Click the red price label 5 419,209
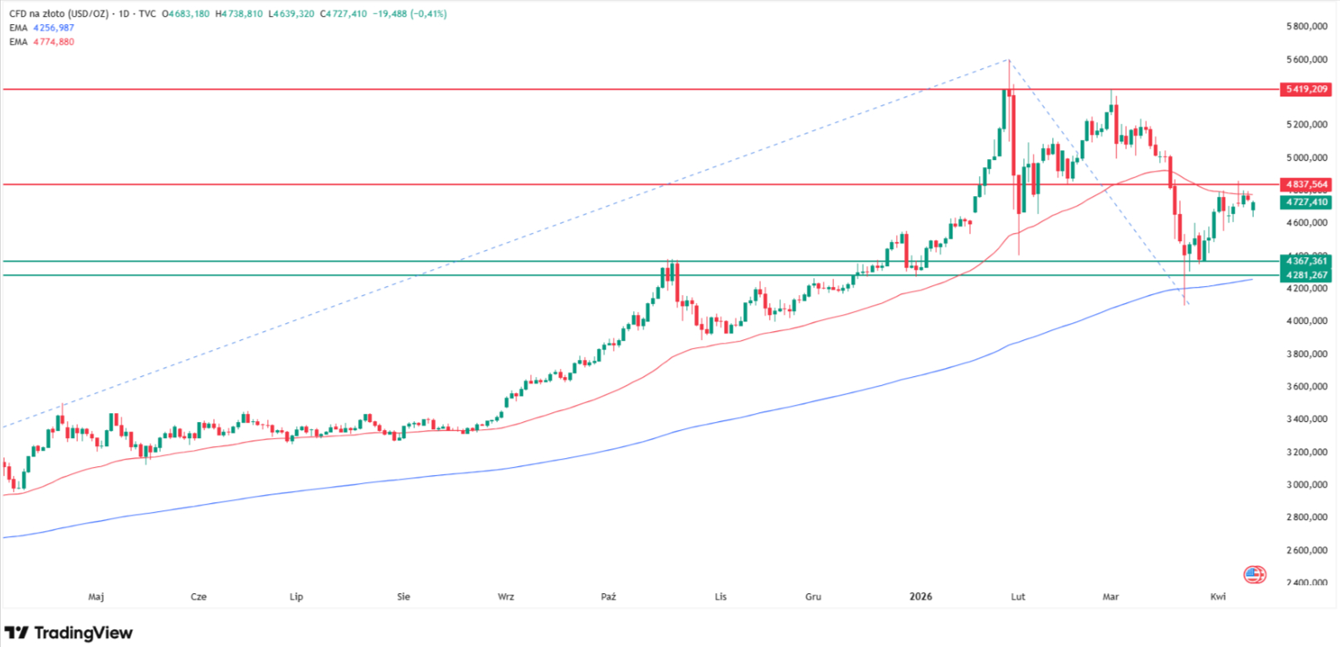coord(1305,89)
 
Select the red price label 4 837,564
coord(1305,185)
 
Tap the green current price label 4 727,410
coord(1305,203)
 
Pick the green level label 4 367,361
coord(1305,261)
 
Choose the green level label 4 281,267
coord(1305,275)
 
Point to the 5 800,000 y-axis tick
coord(1306,27)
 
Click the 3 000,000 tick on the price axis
coord(1306,485)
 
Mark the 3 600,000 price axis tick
coord(1306,387)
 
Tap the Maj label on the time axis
coord(96,596)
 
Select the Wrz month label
coord(506,596)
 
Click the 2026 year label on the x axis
coord(920,596)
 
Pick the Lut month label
coord(1017,596)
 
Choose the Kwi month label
coord(1218,596)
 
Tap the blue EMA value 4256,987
coord(53,28)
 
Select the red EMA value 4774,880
coord(53,42)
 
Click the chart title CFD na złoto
coord(40,14)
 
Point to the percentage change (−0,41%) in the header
coord(428,14)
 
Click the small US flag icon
coord(1254,574)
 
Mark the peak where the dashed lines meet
coord(1009,59)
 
